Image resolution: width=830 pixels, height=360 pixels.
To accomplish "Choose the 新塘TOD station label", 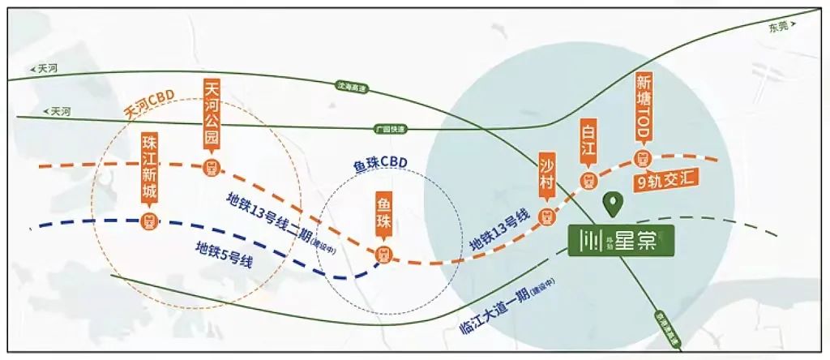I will [645, 104].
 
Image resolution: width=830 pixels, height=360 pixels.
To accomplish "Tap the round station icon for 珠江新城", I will [149, 220].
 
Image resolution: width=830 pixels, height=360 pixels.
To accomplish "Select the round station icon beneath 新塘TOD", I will [645, 157].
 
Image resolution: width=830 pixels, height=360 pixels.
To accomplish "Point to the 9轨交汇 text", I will [668, 181].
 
